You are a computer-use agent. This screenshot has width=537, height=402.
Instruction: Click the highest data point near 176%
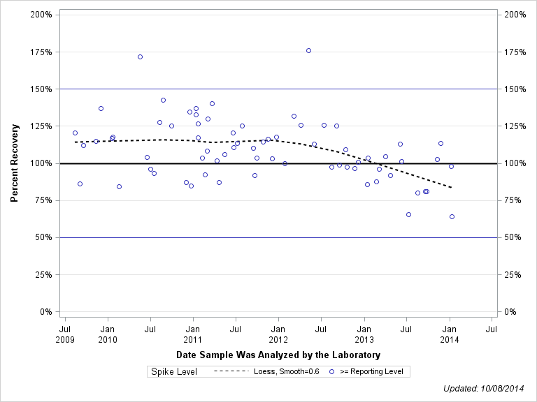(308, 50)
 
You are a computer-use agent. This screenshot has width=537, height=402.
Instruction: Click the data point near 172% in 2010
(140, 57)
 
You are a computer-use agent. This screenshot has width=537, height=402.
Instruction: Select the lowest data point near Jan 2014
(452, 216)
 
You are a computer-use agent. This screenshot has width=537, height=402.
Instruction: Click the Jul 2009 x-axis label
(64, 334)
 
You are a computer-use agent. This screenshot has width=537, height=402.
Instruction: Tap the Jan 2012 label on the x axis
(278, 334)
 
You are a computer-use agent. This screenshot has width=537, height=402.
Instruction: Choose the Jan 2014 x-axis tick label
(449, 334)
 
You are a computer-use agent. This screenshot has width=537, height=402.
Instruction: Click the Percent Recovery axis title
(15, 163)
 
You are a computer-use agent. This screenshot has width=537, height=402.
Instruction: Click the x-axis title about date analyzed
(278, 355)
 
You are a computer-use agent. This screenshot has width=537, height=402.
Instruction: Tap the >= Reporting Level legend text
(371, 371)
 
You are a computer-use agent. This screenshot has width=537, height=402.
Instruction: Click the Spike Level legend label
(174, 371)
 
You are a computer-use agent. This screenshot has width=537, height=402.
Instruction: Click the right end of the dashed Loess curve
(452, 188)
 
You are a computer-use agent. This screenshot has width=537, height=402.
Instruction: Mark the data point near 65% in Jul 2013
(408, 214)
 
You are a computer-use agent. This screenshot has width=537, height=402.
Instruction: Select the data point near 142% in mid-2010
(163, 100)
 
